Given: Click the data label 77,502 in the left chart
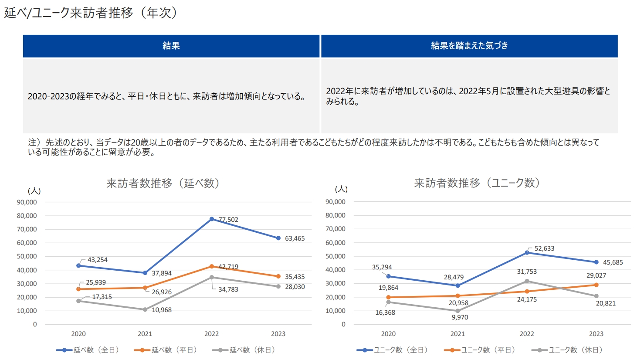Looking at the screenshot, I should pyautogui.click(x=228, y=220).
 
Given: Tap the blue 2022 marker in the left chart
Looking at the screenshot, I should pyautogui.click(x=212, y=219).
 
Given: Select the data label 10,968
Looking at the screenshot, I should pyautogui.click(x=162, y=310).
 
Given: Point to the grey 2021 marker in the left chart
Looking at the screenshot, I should pyautogui.click(x=145, y=309).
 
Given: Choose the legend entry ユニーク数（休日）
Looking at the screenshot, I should pyautogui.click(x=568, y=350).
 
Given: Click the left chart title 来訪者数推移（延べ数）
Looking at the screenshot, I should pyautogui.click(x=163, y=183).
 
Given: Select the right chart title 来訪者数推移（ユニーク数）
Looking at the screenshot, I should pyautogui.click(x=477, y=183).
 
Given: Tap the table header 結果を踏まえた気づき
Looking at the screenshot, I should pyautogui.click(x=469, y=46).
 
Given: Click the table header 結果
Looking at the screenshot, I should pyautogui.click(x=171, y=46).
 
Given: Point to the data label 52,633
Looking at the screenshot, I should pyautogui.click(x=544, y=248).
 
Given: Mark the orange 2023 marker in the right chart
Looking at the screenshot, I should pyautogui.click(x=596, y=285).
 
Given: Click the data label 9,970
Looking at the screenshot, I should pyautogui.click(x=460, y=317).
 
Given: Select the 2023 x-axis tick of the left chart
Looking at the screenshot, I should pyautogui.click(x=278, y=334).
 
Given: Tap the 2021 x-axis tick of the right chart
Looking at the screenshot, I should pyautogui.click(x=457, y=334).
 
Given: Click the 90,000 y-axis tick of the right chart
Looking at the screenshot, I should pyautogui.click(x=335, y=202).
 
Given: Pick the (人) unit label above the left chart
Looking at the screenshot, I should pyautogui.click(x=34, y=191).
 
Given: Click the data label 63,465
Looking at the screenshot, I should pyautogui.click(x=295, y=238).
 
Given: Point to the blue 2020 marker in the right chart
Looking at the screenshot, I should pyautogui.click(x=389, y=276).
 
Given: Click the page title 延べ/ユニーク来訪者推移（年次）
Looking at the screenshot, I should pyautogui.click(x=91, y=13).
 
